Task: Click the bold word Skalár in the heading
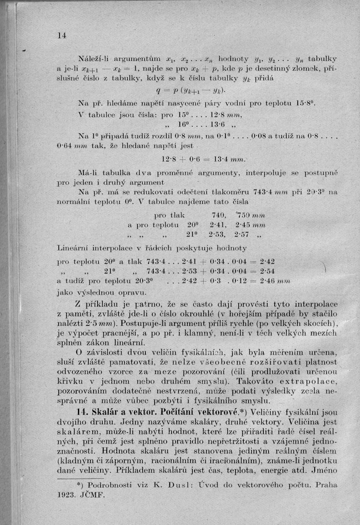click(x=101, y=411)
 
